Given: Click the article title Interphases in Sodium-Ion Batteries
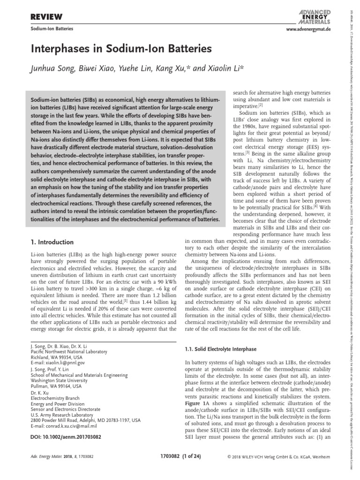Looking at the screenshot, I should point(121,49).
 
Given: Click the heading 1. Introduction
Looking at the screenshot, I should point(52,242).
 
